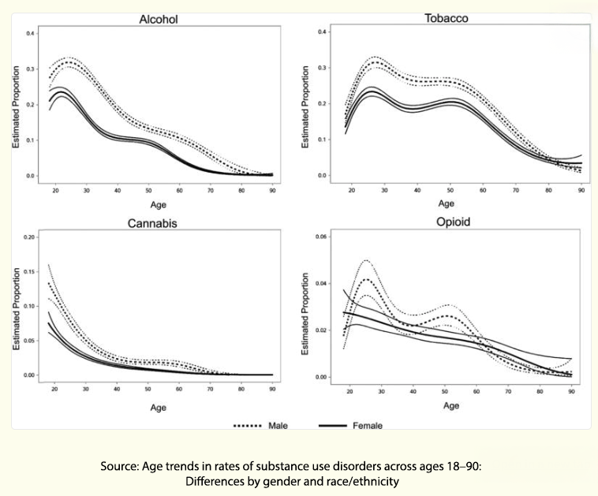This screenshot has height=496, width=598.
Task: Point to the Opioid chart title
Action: coord(453,222)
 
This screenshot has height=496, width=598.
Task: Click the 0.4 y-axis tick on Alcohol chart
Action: coord(29,33)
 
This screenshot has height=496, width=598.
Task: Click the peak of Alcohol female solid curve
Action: coord(58,92)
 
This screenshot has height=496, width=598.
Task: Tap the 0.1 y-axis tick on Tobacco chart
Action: coord(322,139)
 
